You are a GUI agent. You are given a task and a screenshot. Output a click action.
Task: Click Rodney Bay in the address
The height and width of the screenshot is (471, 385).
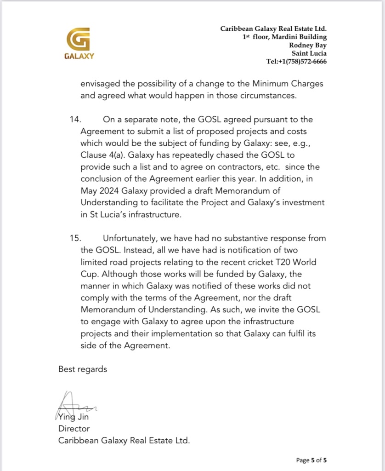[308, 45]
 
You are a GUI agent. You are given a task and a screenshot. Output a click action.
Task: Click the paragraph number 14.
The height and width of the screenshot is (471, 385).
[75, 120]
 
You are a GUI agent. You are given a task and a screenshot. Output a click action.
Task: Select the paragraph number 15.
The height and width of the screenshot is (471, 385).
[75, 238]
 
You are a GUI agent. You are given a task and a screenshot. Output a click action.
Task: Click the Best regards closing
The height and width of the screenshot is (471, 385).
[83, 369]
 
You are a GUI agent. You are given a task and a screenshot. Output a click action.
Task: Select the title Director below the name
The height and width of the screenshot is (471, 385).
[74, 429]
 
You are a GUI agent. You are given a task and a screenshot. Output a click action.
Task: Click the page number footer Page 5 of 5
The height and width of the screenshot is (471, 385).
[311, 460]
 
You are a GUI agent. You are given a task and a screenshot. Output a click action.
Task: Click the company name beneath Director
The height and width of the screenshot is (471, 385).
[124, 440]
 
